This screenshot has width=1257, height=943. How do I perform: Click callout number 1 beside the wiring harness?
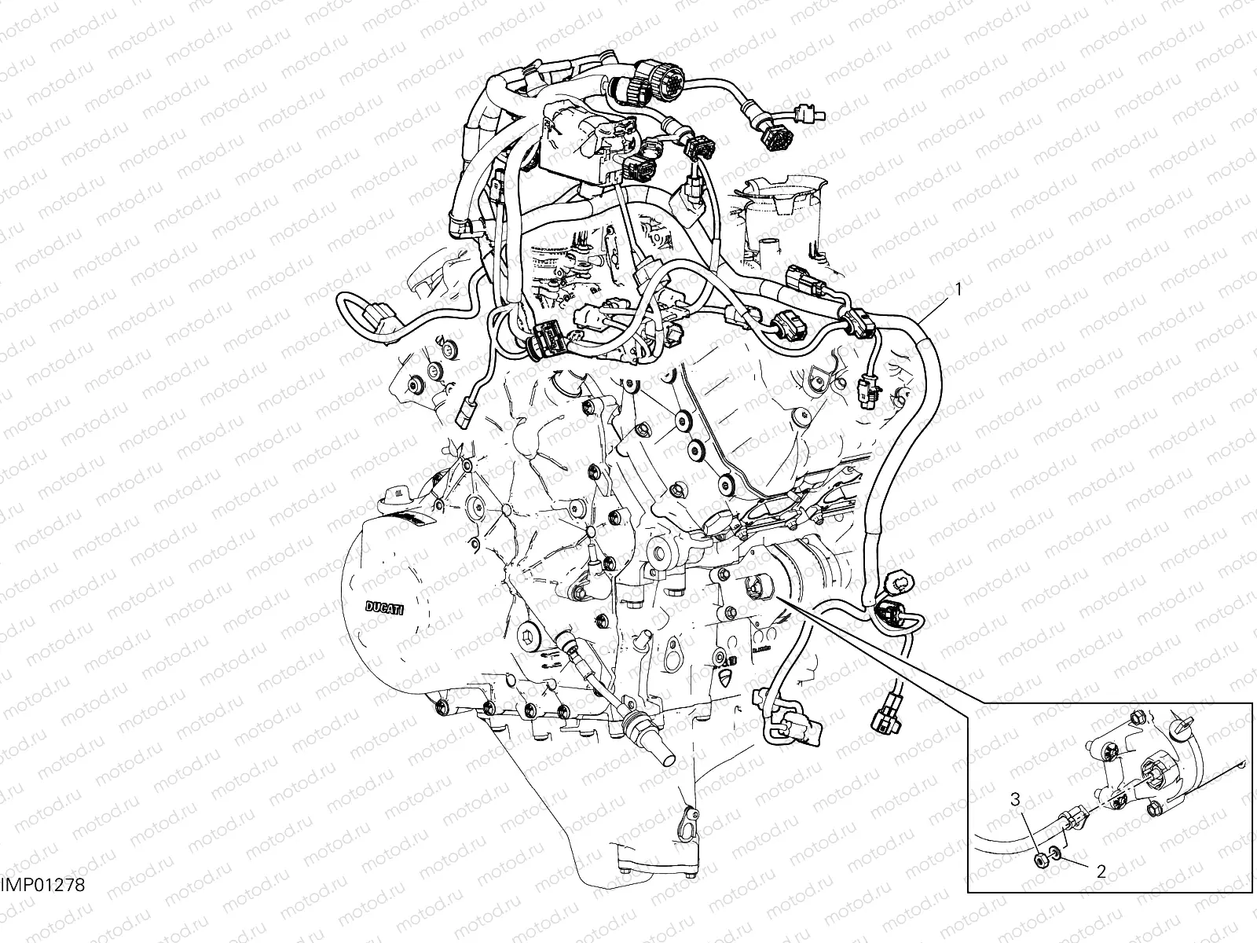click(x=958, y=289)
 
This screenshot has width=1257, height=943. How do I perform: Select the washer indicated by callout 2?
click(x=1055, y=854)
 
